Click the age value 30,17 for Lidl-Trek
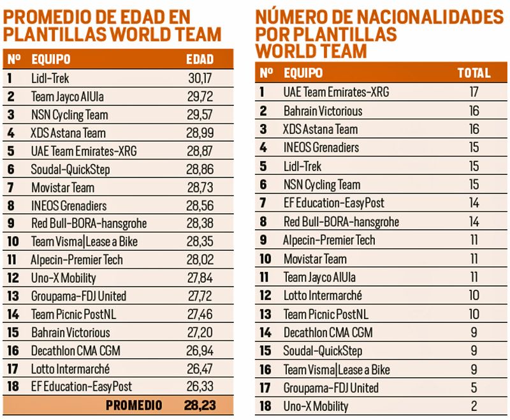[199, 79]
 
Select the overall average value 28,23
[199, 405]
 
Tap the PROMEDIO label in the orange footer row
[134, 405]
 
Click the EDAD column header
[200, 60]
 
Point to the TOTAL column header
[474, 73]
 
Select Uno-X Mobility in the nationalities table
[316, 406]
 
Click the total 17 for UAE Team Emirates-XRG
[474, 92]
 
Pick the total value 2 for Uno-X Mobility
[474, 406]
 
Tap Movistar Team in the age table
[62, 188]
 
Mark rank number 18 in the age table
[12, 387]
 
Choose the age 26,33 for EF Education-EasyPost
[199, 387]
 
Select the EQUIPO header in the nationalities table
[303, 73]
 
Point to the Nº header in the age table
[13, 60]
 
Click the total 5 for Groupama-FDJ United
[474, 387]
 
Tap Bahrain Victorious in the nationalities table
[323, 111]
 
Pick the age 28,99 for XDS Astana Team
[199, 133]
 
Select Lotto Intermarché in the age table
[70, 369]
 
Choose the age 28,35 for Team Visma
[199, 242]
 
